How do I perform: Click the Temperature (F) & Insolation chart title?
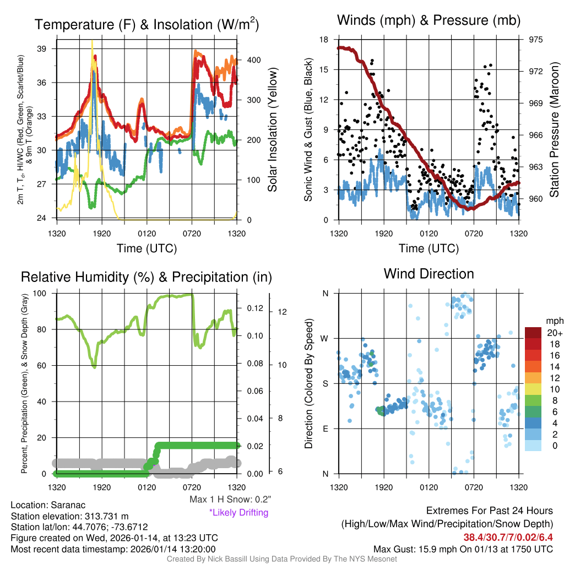click(147, 25)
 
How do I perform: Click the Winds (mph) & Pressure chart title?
click(429, 21)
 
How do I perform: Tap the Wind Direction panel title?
click(429, 274)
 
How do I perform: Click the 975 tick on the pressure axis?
click(536, 40)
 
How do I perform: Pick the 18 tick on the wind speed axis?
click(324, 40)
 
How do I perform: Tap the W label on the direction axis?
click(325, 338)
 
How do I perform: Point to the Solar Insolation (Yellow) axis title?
click(272, 130)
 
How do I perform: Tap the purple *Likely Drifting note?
click(238, 513)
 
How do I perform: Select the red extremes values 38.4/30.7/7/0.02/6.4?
click(507, 537)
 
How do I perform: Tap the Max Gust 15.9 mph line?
click(463, 549)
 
